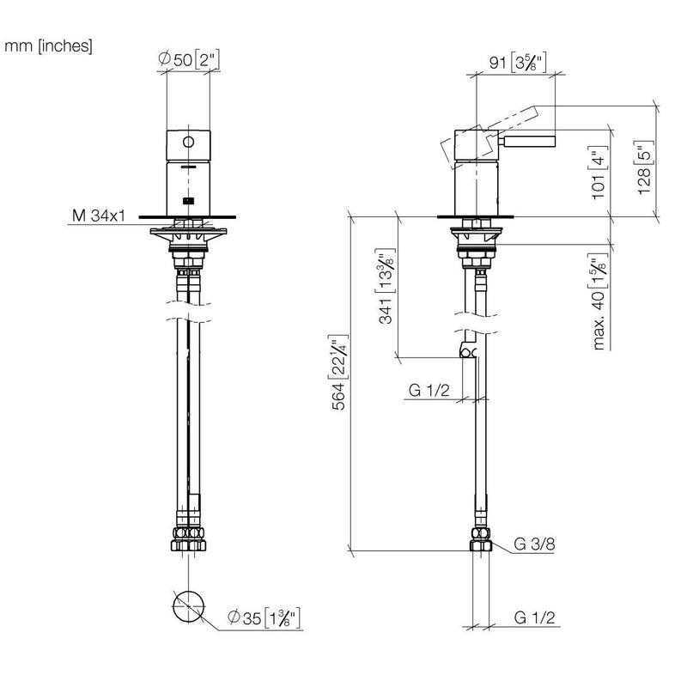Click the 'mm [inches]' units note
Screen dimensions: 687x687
48,46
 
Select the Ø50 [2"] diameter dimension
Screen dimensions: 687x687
188,59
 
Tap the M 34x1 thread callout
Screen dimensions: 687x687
99,216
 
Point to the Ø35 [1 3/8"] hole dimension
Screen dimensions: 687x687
264,617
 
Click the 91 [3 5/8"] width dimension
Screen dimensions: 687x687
518,63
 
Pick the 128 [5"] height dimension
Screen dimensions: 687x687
645,167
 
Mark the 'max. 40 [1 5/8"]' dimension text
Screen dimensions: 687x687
599,301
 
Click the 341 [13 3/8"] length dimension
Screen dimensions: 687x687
386,286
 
